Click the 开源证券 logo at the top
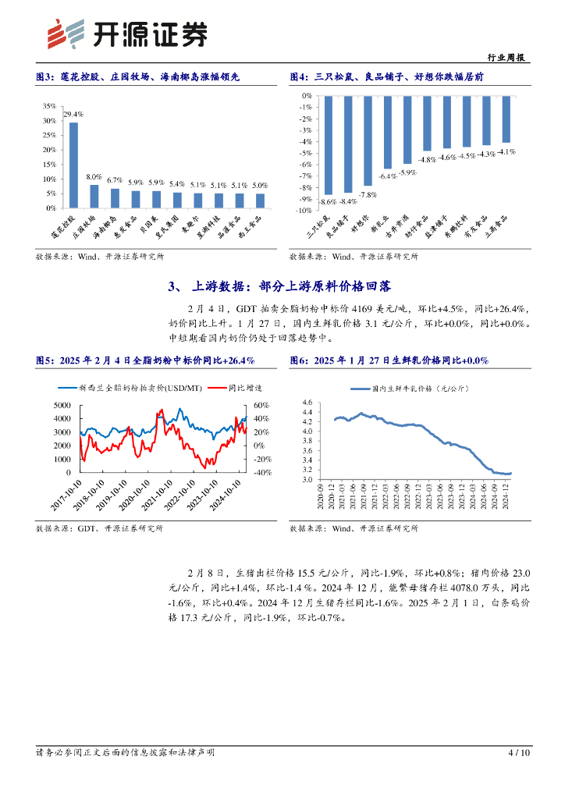129,33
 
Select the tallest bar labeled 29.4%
73,165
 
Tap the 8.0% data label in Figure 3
94,178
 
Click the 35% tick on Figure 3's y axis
49,105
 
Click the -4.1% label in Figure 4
507,151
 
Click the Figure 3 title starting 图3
137,76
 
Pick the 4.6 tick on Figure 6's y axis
307,402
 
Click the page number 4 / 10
518,752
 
